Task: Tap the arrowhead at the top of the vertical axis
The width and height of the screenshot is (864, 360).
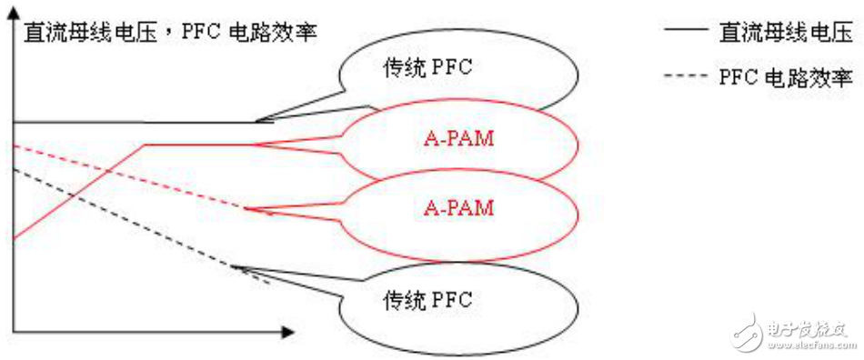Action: click(12, 48)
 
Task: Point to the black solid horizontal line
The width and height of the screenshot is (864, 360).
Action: click(136, 122)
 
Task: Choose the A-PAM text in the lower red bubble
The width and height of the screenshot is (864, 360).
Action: click(458, 207)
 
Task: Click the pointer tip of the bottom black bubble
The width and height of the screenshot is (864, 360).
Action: click(234, 266)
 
